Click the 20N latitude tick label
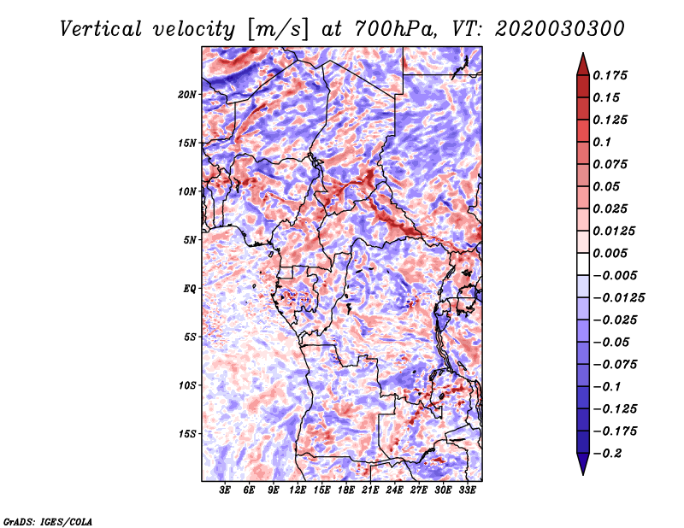tap(187, 94)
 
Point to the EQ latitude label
tap(189, 289)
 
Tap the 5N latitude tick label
tap(190, 240)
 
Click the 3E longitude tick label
tap(224, 490)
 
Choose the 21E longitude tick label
tap(370, 490)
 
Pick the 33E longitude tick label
tap(467, 490)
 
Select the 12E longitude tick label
tap(297, 490)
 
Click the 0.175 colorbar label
tap(610, 75)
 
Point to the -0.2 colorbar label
tap(607, 454)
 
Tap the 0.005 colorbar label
tap(610, 253)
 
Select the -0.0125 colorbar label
tap(618, 298)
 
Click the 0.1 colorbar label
tap(602, 142)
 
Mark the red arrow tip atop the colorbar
tap(583, 53)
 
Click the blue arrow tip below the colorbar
tap(583, 474)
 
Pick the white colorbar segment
tap(583, 264)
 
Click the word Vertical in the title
tap(101, 29)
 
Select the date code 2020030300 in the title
tap(560, 29)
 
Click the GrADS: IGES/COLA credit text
tap(48, 521)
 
